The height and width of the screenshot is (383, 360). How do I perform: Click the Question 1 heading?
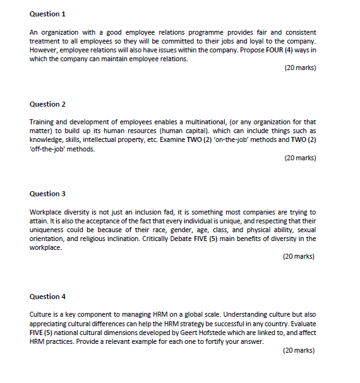(x=47, y=14)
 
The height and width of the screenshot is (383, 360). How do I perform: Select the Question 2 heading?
(x=47, y=104)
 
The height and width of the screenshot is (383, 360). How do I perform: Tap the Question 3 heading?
(x=47, y=194)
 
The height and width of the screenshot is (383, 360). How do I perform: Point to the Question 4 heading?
(x=47, y=297)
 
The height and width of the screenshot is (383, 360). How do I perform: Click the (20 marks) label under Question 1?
(x=300, y=68)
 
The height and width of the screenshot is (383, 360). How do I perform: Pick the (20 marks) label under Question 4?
(x=299, y=350)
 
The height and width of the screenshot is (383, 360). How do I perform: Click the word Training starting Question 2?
(x=42, y=122)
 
